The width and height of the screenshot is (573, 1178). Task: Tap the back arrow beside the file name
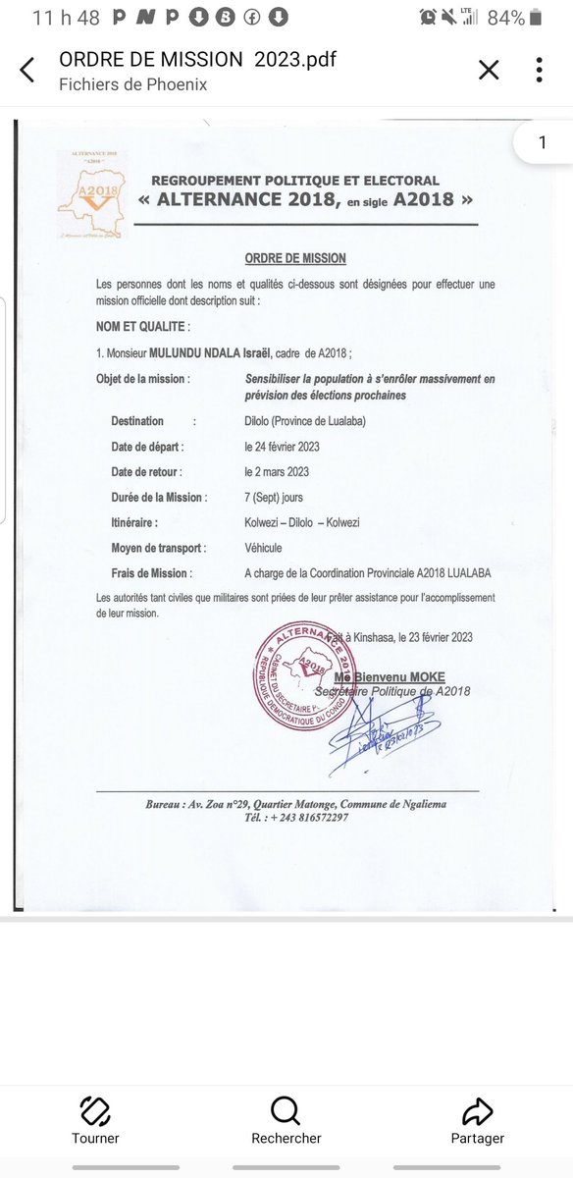coord(27,71)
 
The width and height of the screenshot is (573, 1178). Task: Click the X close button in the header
coord(489,70)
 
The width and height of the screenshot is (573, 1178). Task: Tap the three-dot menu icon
coord(540,70)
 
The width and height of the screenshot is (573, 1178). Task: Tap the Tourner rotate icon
coord(95,1111)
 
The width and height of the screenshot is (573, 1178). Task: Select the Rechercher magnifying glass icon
coord(286,1111)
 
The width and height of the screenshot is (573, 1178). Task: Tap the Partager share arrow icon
coord(477,1111)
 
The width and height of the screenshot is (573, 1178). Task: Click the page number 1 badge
coord(543,143)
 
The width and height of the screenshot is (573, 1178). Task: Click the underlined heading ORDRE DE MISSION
coord(295,258)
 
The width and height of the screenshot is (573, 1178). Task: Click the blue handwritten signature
coord(378,730)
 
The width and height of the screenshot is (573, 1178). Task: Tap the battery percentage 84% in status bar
coord(506,18)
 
